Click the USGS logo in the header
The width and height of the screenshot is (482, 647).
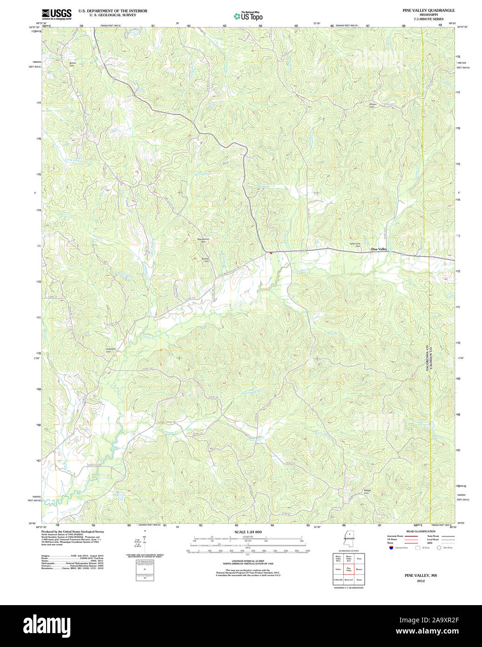[56, 14]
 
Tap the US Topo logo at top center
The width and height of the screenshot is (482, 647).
[248, 16]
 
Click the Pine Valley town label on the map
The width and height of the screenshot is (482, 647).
[379, 249]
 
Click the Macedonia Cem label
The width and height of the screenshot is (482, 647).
[203, 241]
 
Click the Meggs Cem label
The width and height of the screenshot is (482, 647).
[367, 492]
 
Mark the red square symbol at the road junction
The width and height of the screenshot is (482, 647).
[270, 253]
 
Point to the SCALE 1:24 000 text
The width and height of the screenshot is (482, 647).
[248, 532]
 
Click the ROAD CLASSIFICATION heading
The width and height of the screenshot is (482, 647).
[421, 531]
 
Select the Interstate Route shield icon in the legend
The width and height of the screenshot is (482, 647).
[390, 547]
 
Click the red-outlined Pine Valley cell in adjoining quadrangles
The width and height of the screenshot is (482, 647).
[348, 569]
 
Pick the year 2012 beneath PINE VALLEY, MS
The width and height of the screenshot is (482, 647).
[421, 581]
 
